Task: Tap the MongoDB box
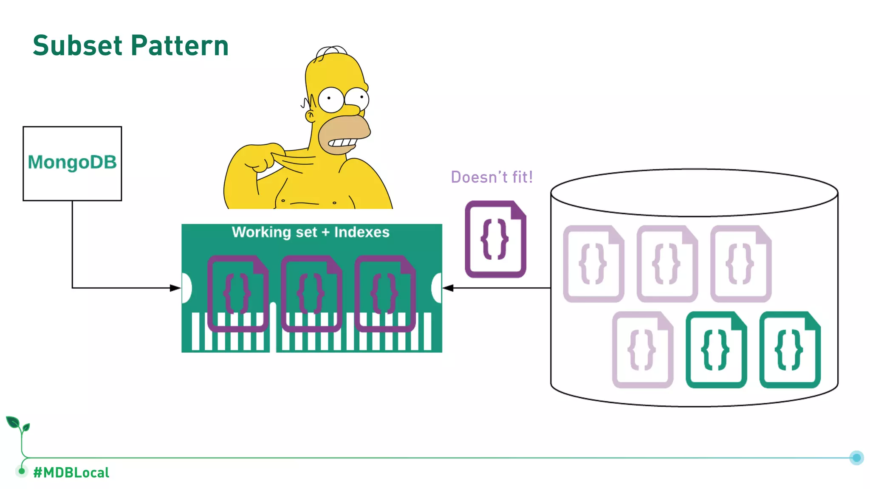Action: (72, 163)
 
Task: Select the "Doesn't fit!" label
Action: (491, 177)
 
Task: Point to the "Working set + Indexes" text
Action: (311, 232)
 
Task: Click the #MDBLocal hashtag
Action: (71, 472)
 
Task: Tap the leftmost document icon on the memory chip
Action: (237, 293)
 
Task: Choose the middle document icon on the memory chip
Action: (311, 293)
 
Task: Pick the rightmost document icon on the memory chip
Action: (385, 293)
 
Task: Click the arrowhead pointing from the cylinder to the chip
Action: (448, 288)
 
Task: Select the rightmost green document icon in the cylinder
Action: (790, 350)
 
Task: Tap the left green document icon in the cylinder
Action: (716, 350)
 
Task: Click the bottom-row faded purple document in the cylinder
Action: (642, 350)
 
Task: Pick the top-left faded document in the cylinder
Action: (593, 264)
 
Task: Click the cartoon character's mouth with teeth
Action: (342, 143)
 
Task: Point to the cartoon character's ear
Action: (311, 115)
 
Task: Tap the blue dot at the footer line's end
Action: (856, 458)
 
